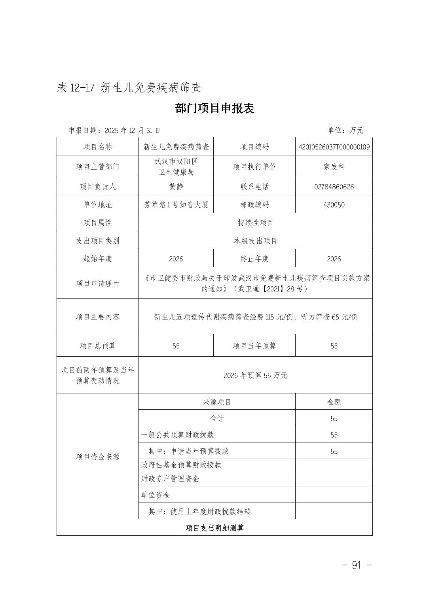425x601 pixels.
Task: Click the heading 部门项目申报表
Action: (214, 108)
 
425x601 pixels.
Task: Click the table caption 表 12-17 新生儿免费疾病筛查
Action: (129, 87)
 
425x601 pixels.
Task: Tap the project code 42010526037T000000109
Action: (334, 147)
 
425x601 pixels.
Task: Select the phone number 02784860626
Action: (334, 187)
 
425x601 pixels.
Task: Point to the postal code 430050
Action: (334, 205)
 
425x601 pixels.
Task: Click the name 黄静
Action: (176, 187)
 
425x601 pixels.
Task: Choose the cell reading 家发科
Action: (334, 166)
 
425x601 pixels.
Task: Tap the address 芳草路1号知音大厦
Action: (176, 205)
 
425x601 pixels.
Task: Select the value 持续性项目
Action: (255, 223)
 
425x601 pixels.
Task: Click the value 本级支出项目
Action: (255, 241)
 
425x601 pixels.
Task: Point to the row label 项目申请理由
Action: (97, 283)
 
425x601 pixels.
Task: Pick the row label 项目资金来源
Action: (97, 457)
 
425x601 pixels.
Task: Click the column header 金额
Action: (334, 402)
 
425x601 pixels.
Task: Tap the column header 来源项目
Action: (217, 402)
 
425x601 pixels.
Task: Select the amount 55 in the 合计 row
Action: (334, 419)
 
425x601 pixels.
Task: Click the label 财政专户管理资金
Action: (170, 479)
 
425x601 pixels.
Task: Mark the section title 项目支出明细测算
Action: (214, 528)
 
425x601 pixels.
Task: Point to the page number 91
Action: (357, 565)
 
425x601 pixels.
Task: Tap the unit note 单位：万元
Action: (345, 130)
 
